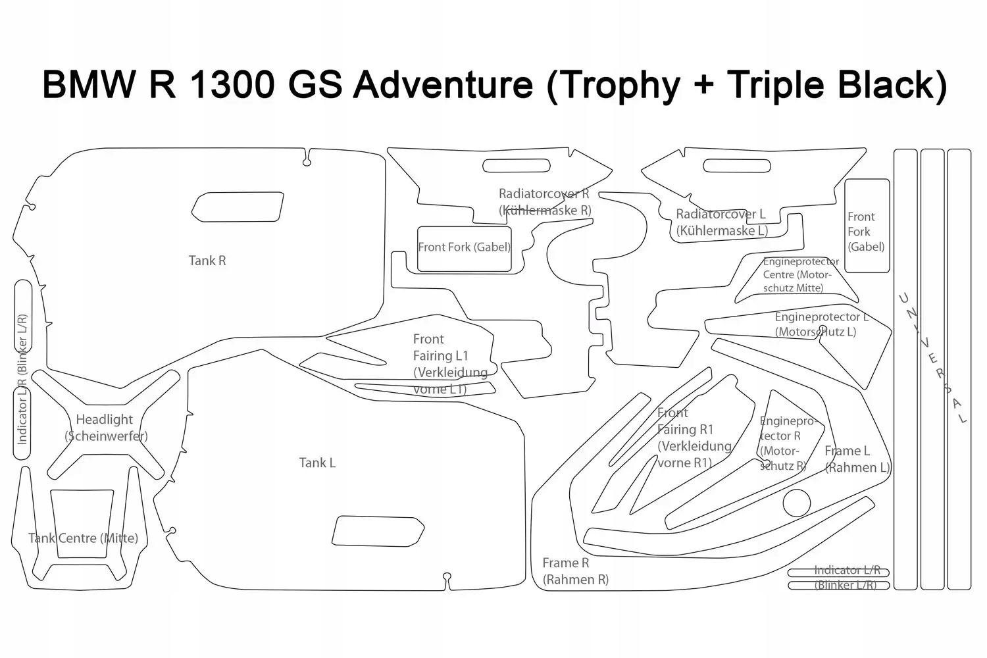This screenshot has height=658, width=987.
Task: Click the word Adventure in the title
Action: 442,84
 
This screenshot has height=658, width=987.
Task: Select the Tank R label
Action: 207,261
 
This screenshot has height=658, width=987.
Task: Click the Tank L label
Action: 317,463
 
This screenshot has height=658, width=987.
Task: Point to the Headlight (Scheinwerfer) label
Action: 105,427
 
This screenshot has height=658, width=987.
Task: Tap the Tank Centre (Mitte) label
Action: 83,538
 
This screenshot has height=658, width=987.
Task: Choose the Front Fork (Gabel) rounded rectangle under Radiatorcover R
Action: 464,248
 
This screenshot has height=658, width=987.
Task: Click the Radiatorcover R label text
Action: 544,202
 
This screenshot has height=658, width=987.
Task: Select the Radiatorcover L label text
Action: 721,222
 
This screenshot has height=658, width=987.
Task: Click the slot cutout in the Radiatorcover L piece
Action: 736,165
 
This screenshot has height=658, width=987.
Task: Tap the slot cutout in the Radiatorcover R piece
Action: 517,165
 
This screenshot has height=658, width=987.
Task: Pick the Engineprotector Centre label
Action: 799,274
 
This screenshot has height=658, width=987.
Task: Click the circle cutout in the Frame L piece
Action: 796,503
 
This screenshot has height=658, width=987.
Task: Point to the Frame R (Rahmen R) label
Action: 575,571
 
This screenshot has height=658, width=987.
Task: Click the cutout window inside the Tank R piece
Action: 238,207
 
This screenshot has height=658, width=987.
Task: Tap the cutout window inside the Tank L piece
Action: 378,531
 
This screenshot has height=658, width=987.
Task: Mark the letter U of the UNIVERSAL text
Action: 904,299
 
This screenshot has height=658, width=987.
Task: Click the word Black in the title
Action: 892,84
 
